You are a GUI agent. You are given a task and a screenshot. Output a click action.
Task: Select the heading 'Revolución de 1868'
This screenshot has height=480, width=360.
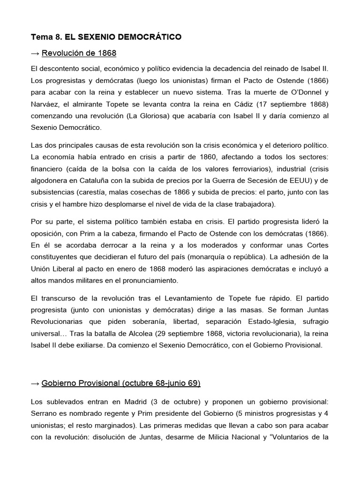79,52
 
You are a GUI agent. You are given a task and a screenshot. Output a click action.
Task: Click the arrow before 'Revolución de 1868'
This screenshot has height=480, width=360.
36,52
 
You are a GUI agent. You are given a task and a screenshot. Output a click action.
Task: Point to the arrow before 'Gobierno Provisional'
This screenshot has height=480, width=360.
36,383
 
